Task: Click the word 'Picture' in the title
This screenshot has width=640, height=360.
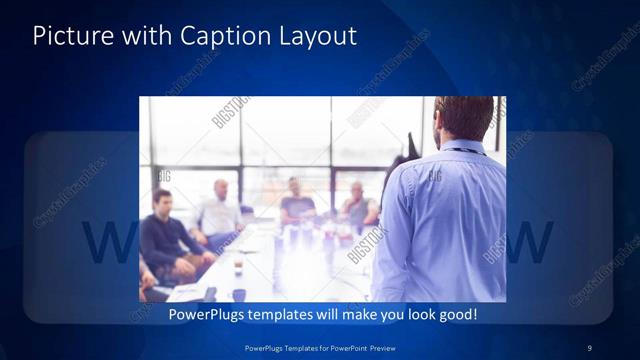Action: coord(69,37)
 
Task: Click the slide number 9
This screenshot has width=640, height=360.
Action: coord(590,348)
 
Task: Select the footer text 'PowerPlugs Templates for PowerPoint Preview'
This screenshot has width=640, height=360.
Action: coord(319,348)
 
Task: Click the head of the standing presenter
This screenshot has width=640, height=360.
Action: coord(465,119)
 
